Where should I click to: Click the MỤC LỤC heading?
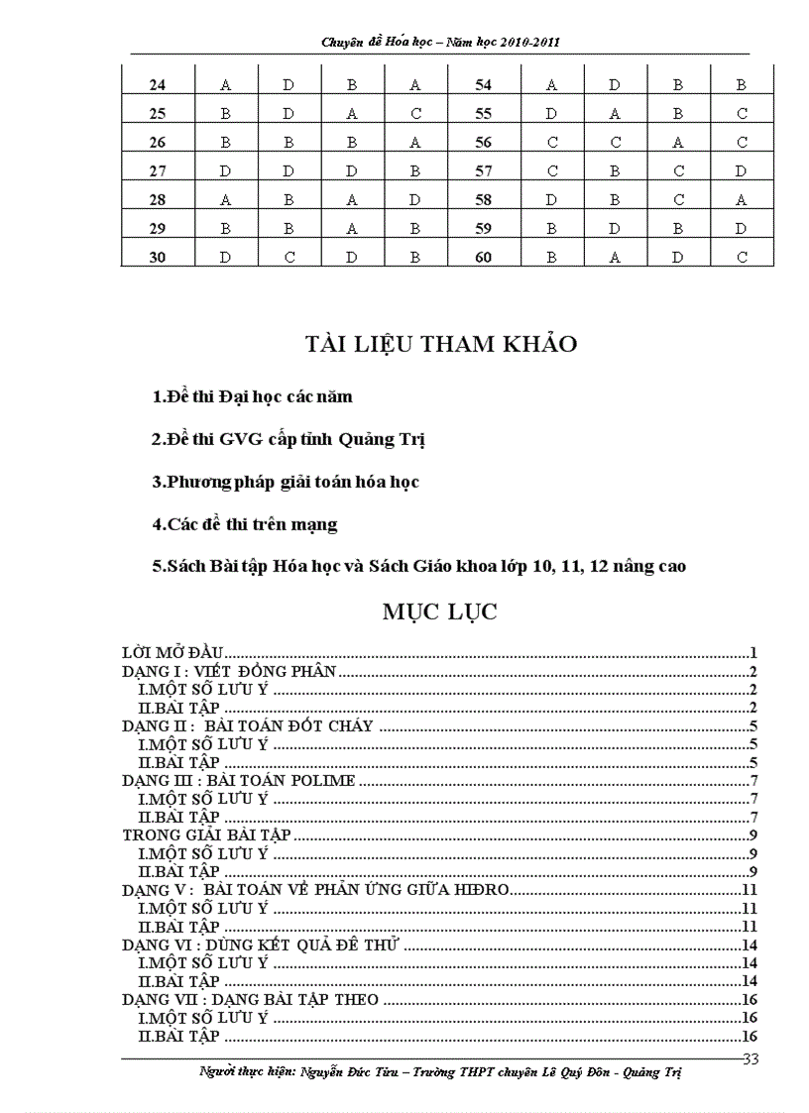[x=440, y=612]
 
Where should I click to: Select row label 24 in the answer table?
[x=157, y=85]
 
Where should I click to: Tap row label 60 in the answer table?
[x=484, y=257]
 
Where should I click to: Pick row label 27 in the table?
[x=157, y=170]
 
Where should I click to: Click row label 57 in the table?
[x=484, y=170]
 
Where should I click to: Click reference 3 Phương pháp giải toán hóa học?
[x=286, y=482]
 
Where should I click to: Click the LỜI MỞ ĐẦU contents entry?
[x=173, y=653]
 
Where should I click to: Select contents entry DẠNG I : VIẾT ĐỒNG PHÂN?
[x=230, y=672]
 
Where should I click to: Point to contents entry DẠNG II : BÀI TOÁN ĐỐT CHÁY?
[x=248, y=725]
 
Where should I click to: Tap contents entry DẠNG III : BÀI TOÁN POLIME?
[x=238, y=781]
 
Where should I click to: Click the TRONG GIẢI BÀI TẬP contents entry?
[x=206, y=835]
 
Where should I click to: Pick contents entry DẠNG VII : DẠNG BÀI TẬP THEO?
[x=250, y=999]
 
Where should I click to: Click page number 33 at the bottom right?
[x=750, y=1059]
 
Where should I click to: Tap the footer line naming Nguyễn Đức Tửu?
[x=440, y=1073]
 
